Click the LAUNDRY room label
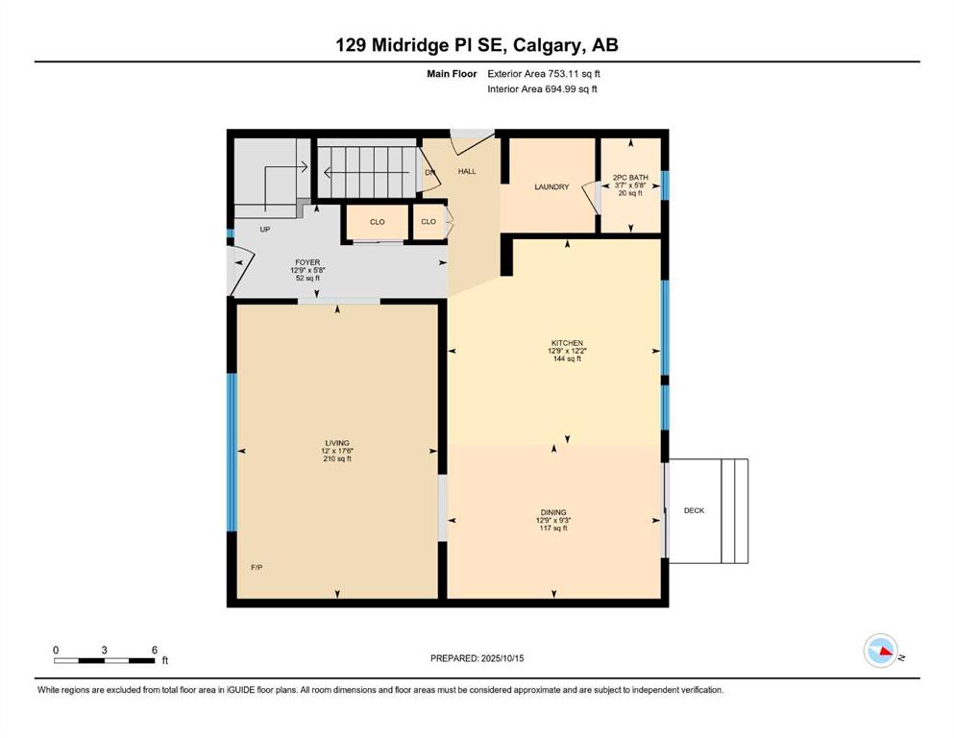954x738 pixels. coord(551,186)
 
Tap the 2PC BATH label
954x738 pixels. coord(630,178)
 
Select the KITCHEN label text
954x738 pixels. coord(567,343)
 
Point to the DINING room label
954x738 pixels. coord(553,512)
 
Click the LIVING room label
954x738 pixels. coord(337,443)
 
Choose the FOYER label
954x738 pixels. coord(307,262)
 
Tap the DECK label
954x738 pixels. coord(694,510)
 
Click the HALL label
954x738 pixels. coord(467,172)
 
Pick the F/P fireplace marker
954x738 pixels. coord(257,567)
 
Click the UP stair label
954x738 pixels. coord(264,230)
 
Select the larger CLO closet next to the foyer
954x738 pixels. coord(378,222)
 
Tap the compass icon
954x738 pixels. coord(881,651)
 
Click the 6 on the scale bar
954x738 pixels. coord(155,650)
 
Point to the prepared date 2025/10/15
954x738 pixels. coord(501,658)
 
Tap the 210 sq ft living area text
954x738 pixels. coord(337,458)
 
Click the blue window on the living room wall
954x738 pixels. coord(232,452)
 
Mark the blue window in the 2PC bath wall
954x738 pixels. coord(665,185)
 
